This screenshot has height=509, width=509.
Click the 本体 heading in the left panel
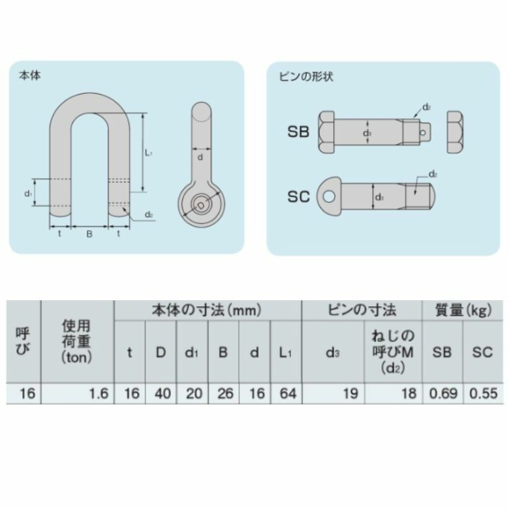tap(30, 76)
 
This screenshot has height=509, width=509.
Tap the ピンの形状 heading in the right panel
tap(306, 76)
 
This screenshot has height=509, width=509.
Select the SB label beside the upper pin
tap(298, 132)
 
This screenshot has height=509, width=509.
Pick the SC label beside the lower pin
tap(298, 196)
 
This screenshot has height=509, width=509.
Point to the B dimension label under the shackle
tap(89, 234)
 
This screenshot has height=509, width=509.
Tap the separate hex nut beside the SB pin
tap(455, 132)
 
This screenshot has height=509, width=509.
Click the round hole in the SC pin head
tap(329, 196)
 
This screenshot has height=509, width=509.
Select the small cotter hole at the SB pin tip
tap(423, 132)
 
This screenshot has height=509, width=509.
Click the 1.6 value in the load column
tap(99, 393)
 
